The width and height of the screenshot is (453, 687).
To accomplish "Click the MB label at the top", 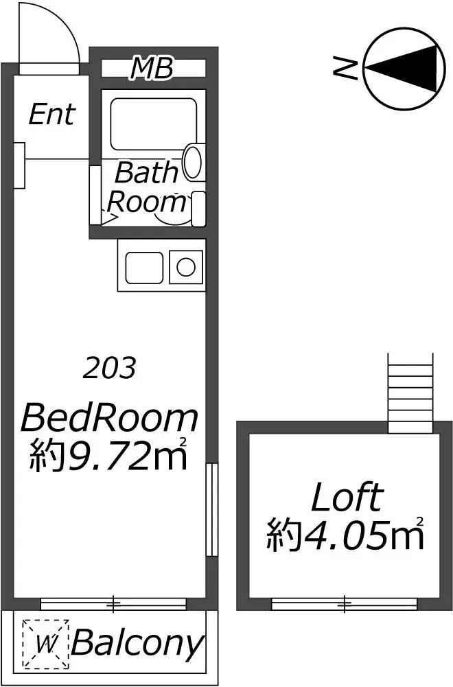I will coord(152,69).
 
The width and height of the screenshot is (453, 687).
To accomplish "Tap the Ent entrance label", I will coord(51,115).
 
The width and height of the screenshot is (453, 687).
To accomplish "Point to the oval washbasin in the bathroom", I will coord(194,162).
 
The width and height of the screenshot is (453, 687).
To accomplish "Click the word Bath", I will coord(146,173).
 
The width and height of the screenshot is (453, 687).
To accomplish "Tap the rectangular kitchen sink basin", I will coord(143,267).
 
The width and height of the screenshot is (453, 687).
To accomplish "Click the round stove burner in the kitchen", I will coord(185,266).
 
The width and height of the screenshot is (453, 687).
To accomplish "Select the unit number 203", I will coord(109,369).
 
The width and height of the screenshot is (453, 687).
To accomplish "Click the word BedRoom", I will coord(110,417).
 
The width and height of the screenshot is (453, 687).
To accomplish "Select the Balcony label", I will coord(138,644).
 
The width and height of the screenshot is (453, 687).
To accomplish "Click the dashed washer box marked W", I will coord(46,644).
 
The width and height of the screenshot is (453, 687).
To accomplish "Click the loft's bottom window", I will coord(344,604).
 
